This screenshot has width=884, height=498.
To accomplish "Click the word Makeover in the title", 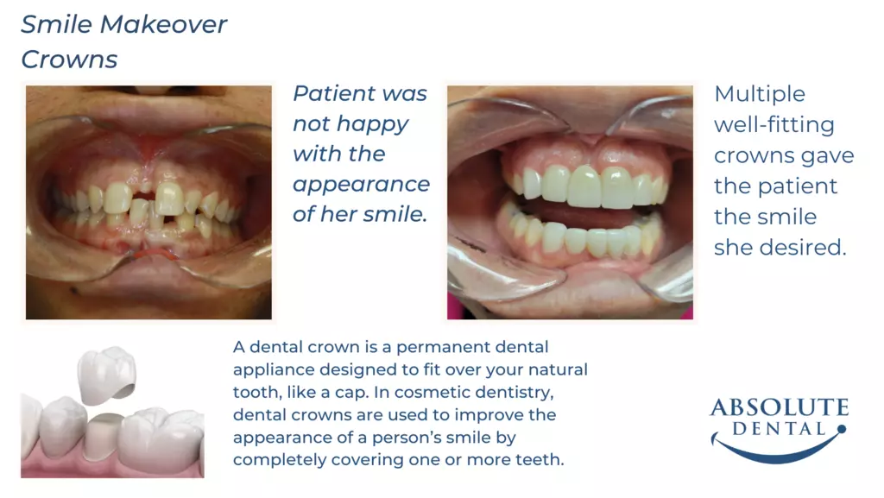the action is click(x=163, y=24).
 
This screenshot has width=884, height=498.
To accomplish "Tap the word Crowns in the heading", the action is click(x=69, y=60).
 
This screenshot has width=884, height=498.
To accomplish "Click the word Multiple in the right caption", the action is click(x=760, y=95).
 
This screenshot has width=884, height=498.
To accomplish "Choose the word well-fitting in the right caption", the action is click(x=774, y=125).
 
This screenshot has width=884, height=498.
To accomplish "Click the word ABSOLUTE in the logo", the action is click(x=780, y=407).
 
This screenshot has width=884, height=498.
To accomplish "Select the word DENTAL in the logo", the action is click(x=780, y=429).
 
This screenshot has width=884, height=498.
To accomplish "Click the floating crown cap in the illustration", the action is click(x=106, y=375).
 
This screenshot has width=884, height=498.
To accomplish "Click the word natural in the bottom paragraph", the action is click(x=557, y=369).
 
